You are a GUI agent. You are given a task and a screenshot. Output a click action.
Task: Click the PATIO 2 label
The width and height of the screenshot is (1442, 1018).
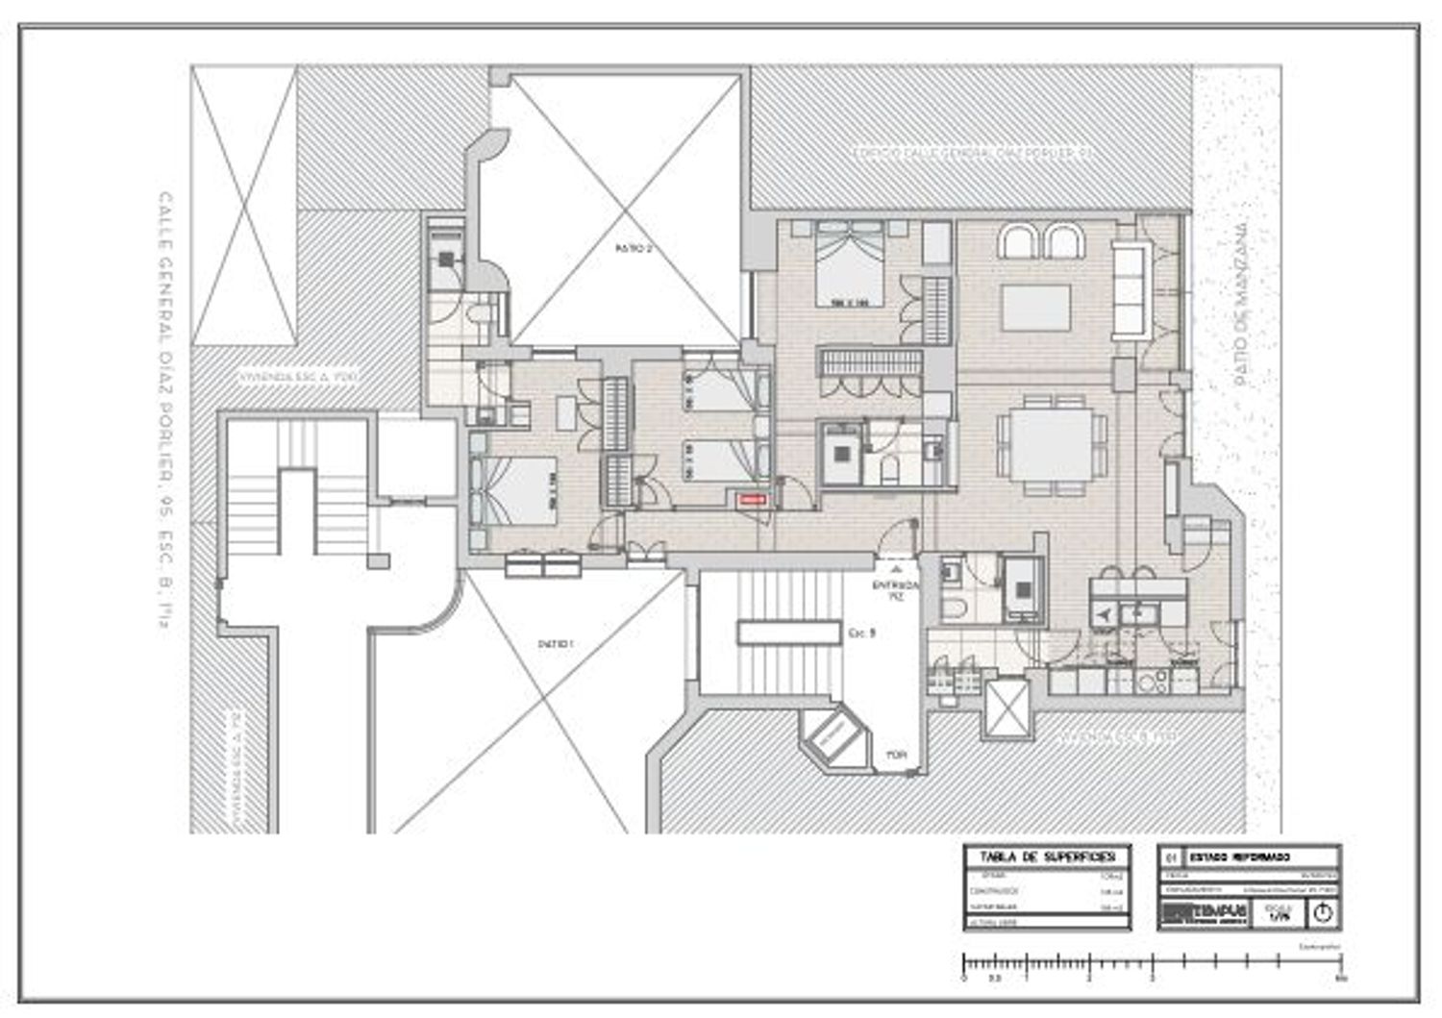(x=634, y=248)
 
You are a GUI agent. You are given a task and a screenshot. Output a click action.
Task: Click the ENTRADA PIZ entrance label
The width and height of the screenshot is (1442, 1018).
(x=895, y=590)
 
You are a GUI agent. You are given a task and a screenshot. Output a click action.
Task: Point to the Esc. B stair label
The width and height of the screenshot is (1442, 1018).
(x=861, y=633)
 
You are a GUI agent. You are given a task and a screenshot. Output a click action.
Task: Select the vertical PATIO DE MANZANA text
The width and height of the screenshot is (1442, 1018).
(x=1241, y=300)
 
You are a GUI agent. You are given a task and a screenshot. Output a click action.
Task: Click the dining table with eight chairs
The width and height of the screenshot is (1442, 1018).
(x=1053, y=445)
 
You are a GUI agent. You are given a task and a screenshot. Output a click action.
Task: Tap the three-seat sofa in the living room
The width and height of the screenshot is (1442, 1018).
(x=1131, y=289)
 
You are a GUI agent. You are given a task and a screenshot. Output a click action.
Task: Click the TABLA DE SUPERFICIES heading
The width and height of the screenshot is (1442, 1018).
(x=1047, y=857)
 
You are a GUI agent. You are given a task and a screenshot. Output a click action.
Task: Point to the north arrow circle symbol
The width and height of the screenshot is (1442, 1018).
(x=1323, y=912)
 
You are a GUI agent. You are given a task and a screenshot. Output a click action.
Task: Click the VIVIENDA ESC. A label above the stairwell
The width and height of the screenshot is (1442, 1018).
(x=299, y=378)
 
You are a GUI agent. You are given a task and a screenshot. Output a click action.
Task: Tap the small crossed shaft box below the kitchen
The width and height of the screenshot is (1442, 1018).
(x=1007, y=708)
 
